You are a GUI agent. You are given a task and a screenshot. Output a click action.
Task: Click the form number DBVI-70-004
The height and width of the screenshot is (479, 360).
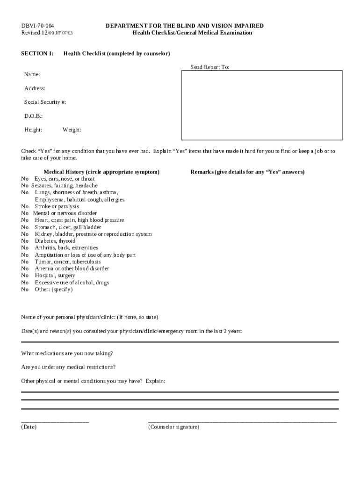point(41,26)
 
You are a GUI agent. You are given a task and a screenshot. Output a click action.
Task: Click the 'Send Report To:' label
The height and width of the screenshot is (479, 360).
point(209,67)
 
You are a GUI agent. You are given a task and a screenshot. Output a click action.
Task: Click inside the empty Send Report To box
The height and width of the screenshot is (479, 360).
point(262,105)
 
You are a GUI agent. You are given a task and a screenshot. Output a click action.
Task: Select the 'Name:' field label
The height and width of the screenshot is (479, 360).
point(32,75)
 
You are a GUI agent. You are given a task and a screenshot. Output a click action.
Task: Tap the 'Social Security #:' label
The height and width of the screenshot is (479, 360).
point(45,102)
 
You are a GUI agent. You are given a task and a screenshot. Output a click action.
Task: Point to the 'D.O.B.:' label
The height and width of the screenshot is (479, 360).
point(33,116)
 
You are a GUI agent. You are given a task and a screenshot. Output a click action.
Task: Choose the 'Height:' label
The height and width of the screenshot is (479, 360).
point(33,130)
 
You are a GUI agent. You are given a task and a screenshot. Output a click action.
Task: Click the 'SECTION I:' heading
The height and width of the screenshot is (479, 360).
point(37,54)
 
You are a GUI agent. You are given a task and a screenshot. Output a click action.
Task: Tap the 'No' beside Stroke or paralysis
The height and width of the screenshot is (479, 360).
point(25,206)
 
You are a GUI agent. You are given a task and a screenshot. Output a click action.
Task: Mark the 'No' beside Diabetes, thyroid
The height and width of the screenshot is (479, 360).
point(25,241)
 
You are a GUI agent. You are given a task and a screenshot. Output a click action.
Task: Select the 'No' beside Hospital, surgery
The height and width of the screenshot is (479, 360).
point(25,276)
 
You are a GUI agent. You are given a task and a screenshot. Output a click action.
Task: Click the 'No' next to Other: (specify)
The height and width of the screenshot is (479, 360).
point(25,290)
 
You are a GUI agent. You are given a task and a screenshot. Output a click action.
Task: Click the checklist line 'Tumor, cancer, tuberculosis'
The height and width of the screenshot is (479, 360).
point(67,262)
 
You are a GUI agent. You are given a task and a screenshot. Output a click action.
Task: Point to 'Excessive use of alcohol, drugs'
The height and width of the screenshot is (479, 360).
point(72,283)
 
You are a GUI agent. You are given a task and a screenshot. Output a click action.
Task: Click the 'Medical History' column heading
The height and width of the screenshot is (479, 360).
point(101,172)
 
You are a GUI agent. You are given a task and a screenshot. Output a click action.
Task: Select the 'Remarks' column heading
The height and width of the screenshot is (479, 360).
point(247,172)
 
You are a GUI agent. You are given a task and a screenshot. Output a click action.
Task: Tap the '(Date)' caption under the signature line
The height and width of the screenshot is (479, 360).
point(29,427)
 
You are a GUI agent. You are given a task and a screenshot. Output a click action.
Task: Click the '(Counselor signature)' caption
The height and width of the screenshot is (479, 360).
point(173,427)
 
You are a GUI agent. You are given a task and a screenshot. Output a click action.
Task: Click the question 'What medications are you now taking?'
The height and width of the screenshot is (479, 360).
point(67,353)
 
